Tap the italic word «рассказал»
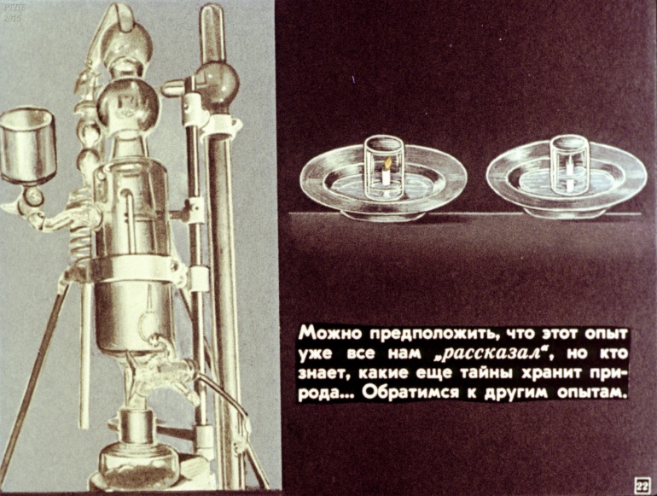pos(493,354)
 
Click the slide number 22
pos(642,485)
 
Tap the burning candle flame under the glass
pos(388,162)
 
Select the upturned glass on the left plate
pos(384,167)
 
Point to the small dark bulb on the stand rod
pos(217,82)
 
